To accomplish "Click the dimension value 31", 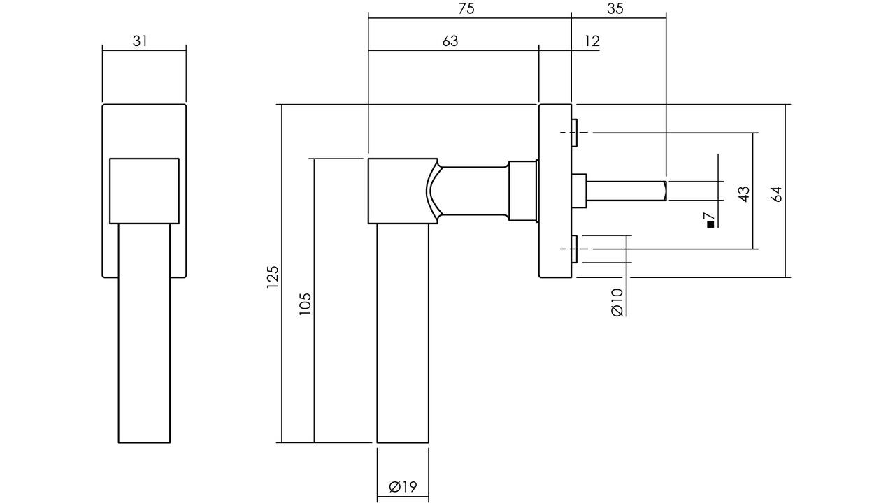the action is [x=140, y=41].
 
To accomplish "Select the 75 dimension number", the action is [x=466, y=9].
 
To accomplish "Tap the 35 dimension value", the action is [x=615, y=9].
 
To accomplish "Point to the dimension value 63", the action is [x=450, y=41].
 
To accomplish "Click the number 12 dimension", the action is [x=592, y=41].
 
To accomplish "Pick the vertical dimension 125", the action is [x=273, y=277].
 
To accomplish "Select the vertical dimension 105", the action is [x=305, y=304].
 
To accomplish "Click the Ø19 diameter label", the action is [x=403, y=487].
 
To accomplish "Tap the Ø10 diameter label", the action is [x=617, y=302].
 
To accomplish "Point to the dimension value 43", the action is [x=744, y=194].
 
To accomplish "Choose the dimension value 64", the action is [x=776, y=194].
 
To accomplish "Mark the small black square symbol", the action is [x=710, y=225].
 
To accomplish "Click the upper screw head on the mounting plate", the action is [x=575, y=133].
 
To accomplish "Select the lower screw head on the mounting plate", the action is [x=575, y=249].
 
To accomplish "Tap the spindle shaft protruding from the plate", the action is [x=626, y=191].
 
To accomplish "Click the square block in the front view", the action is [x=144, y=191].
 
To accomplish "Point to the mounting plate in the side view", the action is [x=555, y=191].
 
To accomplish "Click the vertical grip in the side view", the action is [x=403, y=333].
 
